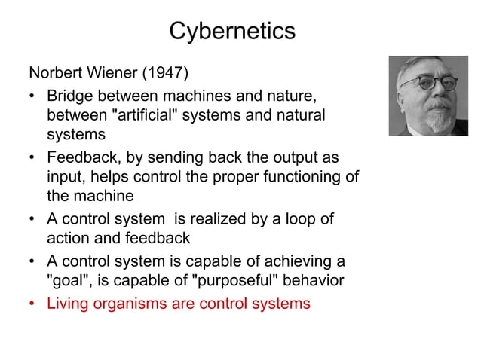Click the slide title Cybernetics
click(232, 32)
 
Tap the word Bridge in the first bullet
click(69, 98)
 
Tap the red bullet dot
click(34, 304)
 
